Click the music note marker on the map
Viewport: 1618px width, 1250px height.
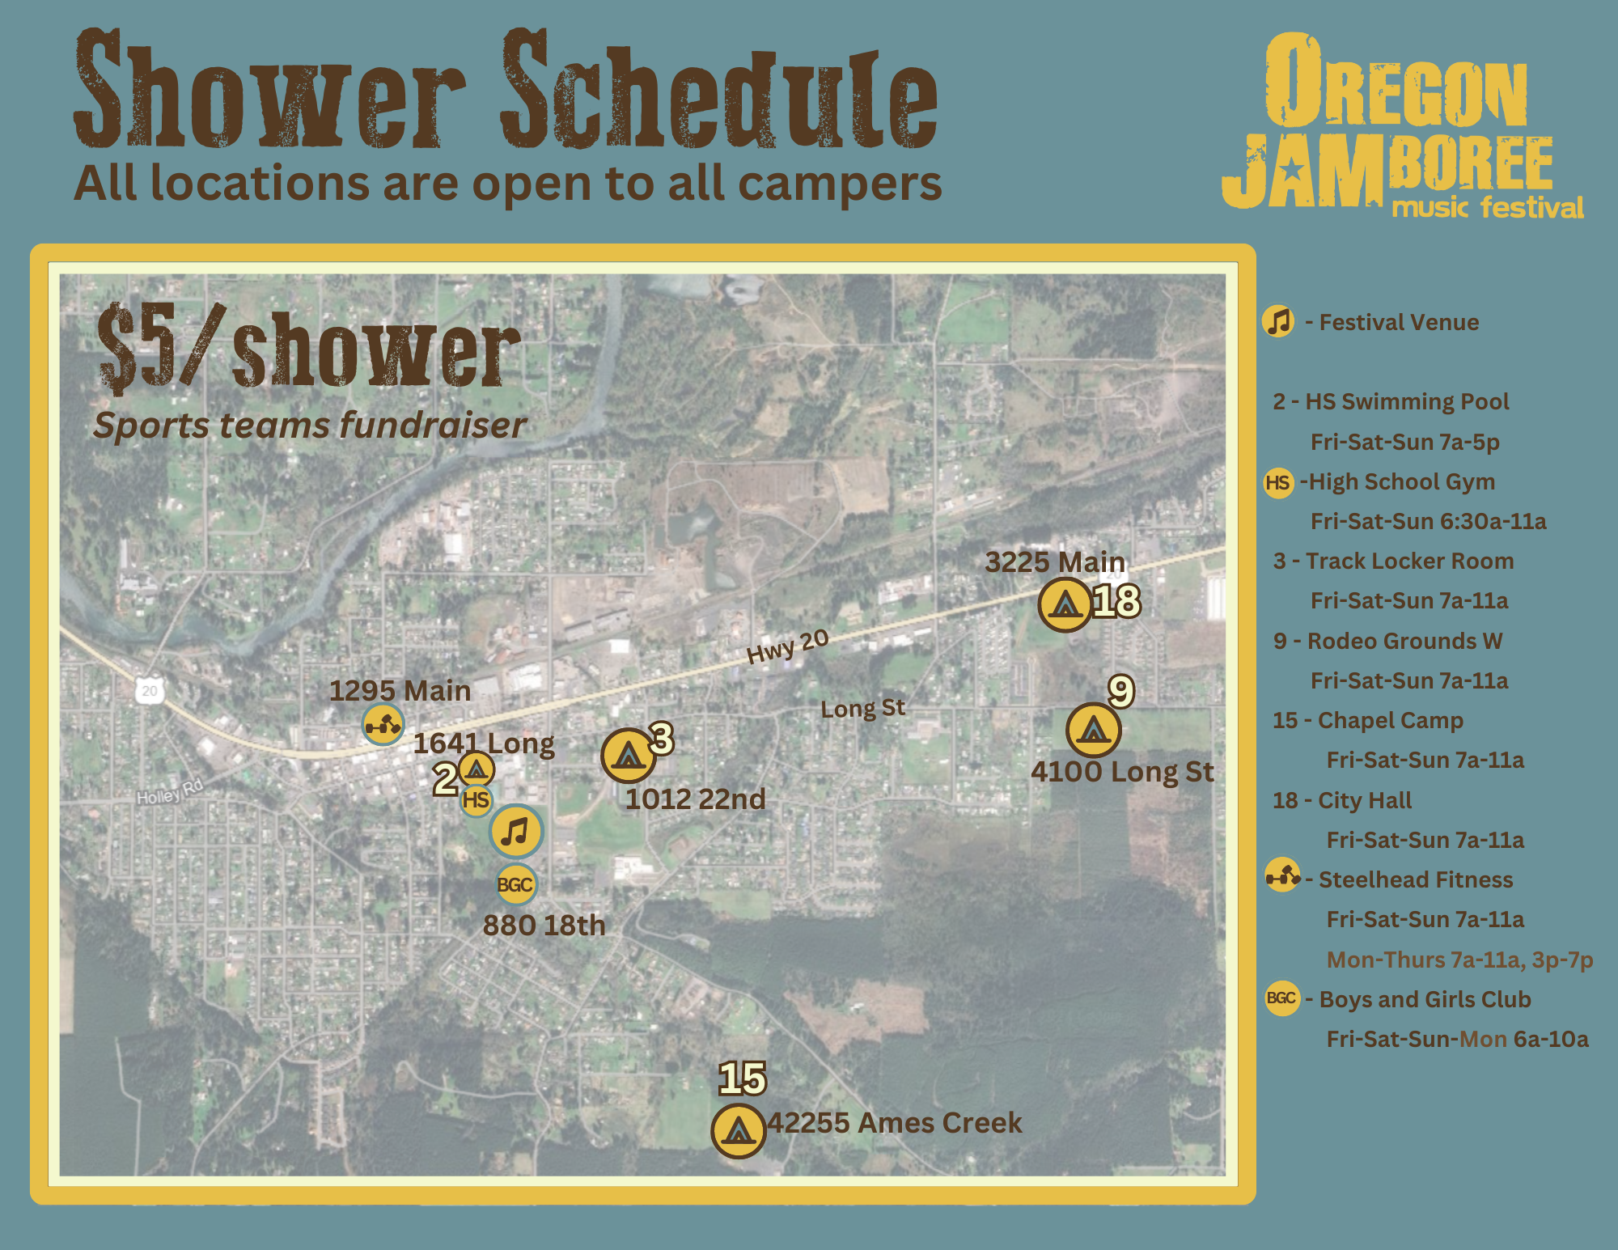click(516, 831)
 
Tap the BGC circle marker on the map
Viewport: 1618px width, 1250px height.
click(516, 884)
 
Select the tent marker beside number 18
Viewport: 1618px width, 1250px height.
click(1065, 604)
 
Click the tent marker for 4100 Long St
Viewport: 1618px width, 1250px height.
click(1093, 730)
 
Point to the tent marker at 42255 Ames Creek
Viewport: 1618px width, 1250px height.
click(738, 1131)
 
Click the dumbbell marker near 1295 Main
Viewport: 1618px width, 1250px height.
click(383, 723)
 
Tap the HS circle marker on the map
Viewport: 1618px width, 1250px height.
click(476, 800)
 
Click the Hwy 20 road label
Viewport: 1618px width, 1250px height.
click(787, 646)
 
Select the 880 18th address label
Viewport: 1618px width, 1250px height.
click(544, 925)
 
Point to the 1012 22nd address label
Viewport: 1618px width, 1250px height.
click(695, 799)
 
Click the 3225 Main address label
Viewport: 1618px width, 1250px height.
click(1055, 561)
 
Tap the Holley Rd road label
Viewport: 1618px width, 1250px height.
click(170, 791)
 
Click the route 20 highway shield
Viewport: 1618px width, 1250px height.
click(150, 690)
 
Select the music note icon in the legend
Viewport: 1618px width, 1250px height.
click(1278, 321)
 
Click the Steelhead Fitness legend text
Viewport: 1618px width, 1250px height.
click(1416, 879)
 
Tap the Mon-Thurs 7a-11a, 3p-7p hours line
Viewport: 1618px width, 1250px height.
click(1459, 960)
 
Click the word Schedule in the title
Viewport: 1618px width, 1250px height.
click(719, 89)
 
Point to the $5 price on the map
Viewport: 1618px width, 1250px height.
click(136, 348)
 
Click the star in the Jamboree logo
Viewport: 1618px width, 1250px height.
click(1292, 169)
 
